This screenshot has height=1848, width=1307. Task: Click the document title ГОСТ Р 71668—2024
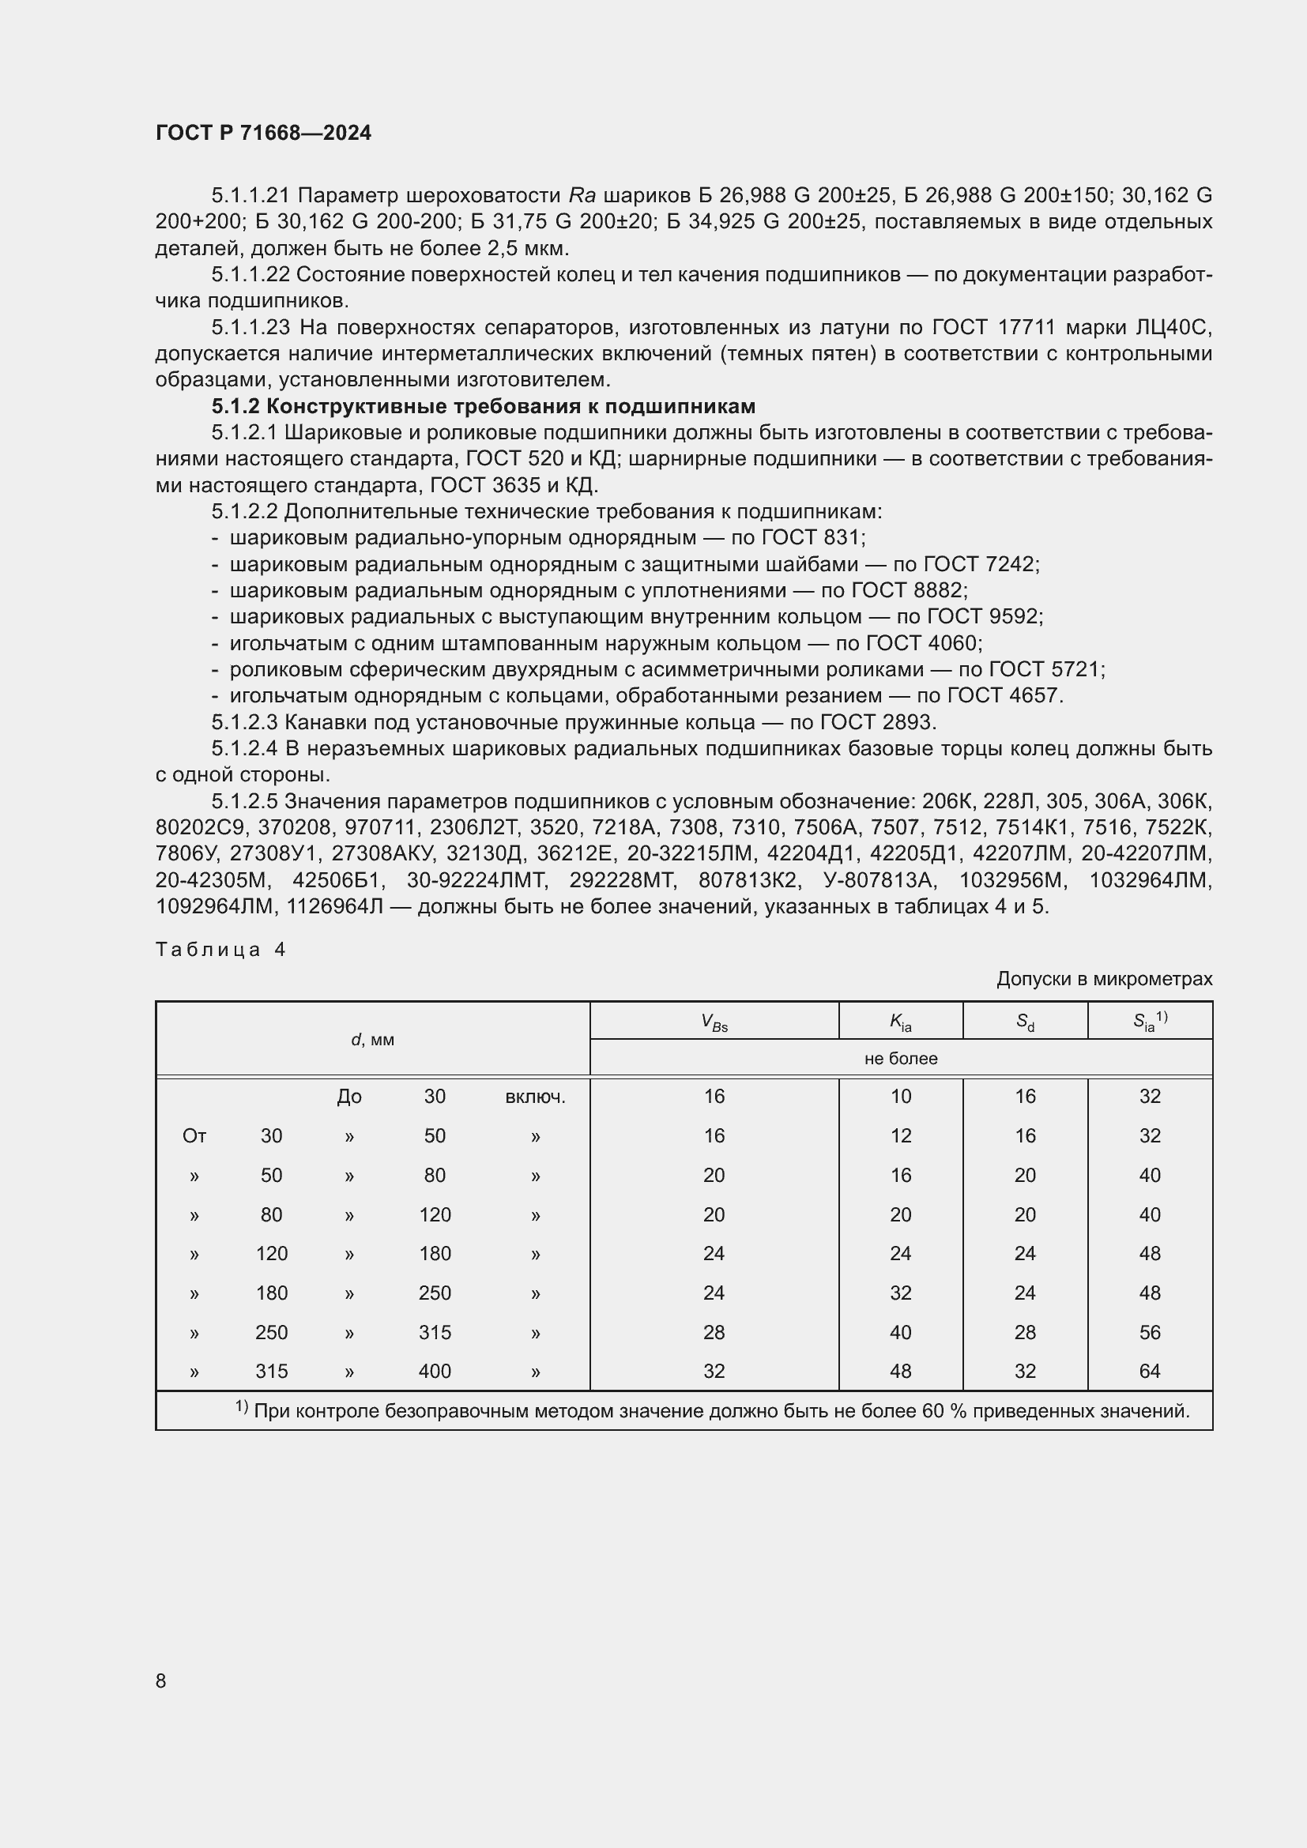[263, 133]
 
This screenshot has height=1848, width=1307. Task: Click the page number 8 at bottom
[161, 1681]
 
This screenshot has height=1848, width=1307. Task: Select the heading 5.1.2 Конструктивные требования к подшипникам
[483, 405]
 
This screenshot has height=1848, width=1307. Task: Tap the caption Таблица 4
[220, 950]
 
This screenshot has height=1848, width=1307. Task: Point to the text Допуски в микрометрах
[1103, 979]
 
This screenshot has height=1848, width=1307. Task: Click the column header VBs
[714, 1022]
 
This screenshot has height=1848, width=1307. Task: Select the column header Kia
[901, 1022]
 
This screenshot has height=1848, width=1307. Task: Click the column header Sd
[1025, 1022]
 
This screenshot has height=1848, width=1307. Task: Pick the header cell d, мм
[373, 1039]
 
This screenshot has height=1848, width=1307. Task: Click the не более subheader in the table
[901, 1059]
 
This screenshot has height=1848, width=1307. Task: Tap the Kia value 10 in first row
[901, 1097]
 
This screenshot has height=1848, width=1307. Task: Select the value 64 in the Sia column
[1149, 1371]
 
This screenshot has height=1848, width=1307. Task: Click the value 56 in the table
[1149, 1332]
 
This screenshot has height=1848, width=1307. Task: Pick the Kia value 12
[901, 1135]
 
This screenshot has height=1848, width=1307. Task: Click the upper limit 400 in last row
[435, 1371]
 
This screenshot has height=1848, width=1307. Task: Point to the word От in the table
[194, 1135]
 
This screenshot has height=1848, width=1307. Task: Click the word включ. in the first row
[535, 1097]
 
